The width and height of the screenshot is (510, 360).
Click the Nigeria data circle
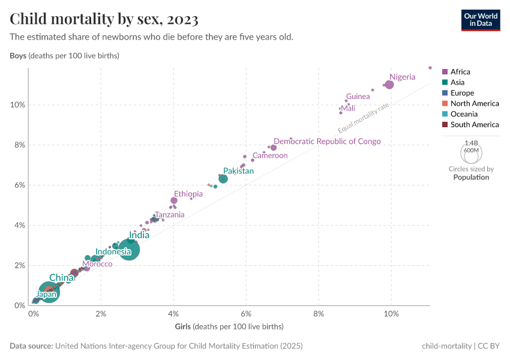(x=389, y=85)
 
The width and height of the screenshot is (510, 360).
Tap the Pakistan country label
(x=238, y=171)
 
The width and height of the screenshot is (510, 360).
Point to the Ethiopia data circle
(x=174, y=200)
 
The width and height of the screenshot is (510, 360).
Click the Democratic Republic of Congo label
(x=327, y=142)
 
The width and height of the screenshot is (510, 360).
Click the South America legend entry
(x=474, y=125)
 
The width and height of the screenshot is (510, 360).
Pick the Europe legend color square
(x=445, y=93)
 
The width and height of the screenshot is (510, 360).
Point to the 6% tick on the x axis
(x=246, y=314)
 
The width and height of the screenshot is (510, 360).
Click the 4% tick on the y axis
(x=19, y=225)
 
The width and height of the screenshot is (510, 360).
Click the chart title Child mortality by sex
(x=104, y=19)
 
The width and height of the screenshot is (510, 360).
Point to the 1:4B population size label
(x=470, y=143)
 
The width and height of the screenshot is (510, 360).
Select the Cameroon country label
(x=270, y=155)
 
